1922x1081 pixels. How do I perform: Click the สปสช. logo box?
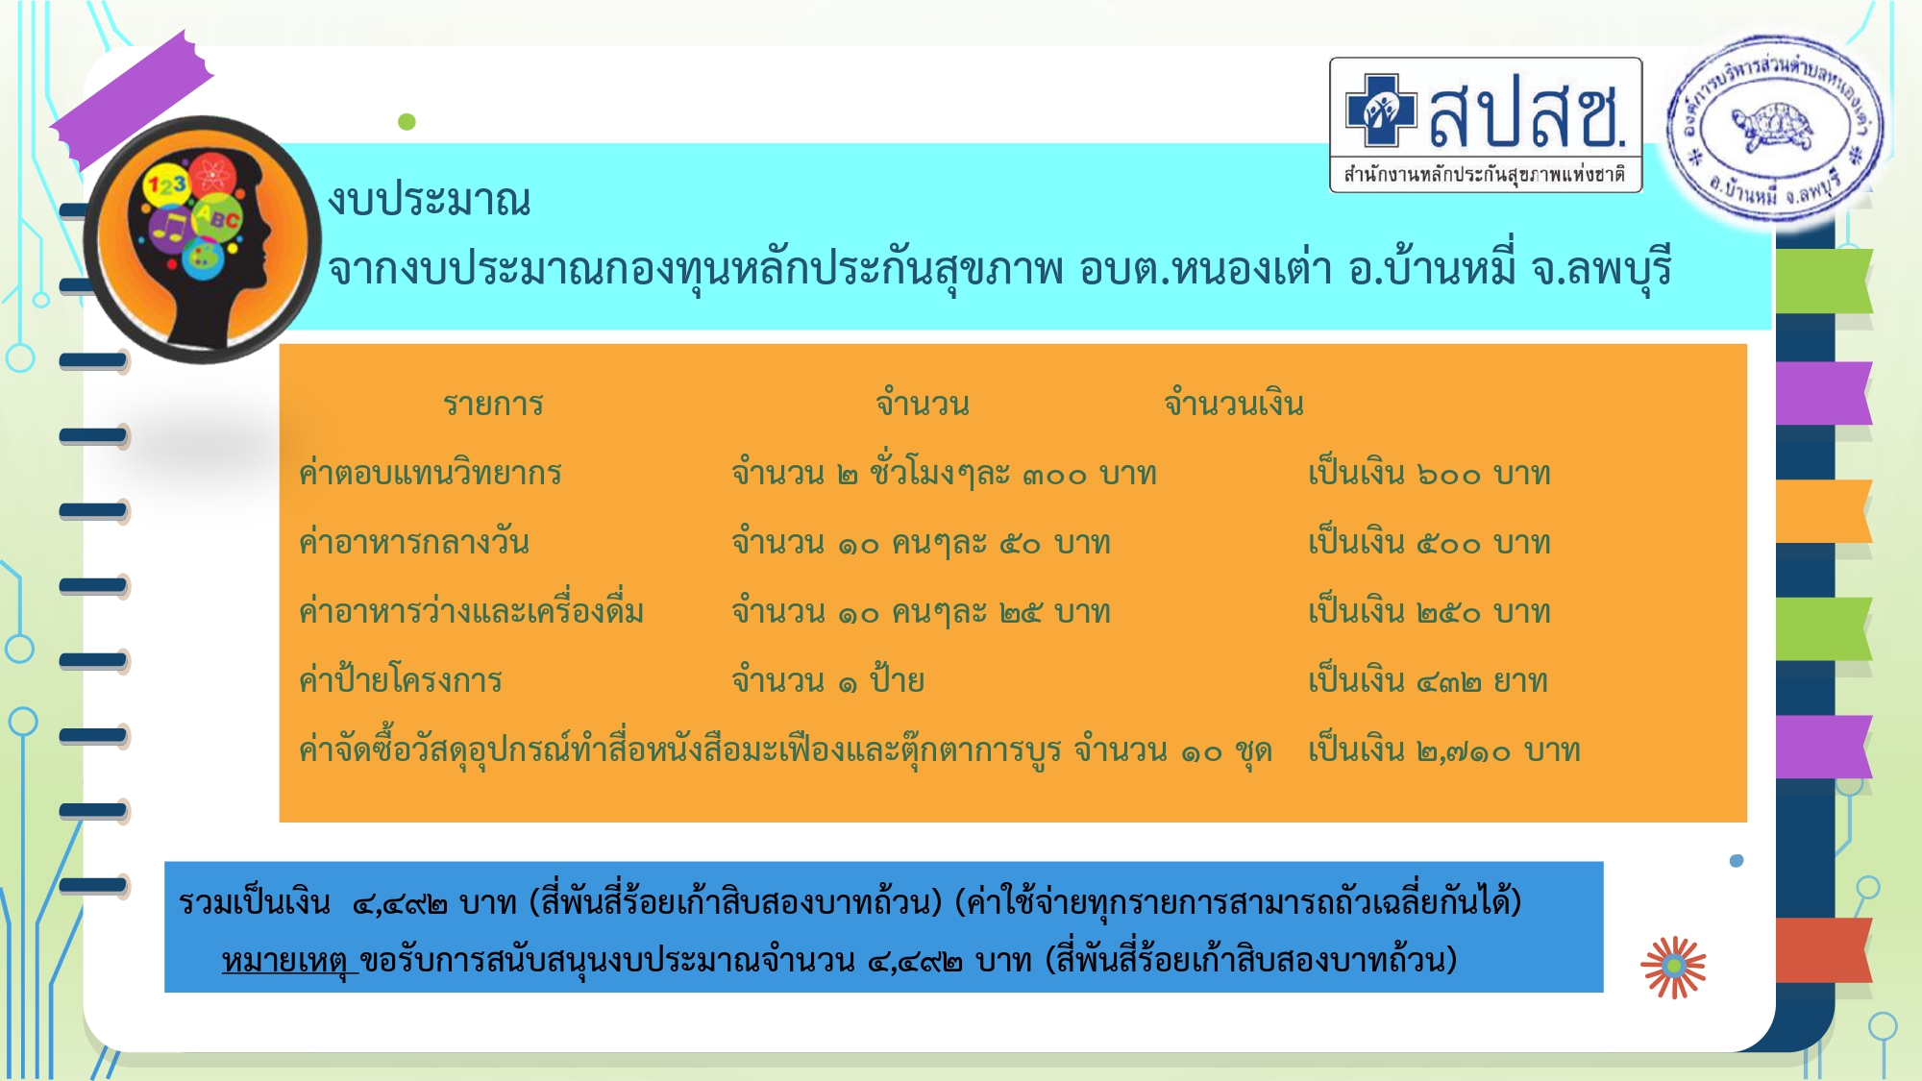pos(1486,125)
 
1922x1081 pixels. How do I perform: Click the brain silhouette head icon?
pos(203,240)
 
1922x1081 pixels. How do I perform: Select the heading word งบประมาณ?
pos(430,200)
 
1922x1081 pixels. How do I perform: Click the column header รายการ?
pos(493,404)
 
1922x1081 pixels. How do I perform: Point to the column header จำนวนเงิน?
pos(1234,403)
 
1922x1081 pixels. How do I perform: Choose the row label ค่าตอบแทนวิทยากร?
pos(431,472)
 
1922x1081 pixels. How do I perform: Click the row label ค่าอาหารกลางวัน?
pos(414,542)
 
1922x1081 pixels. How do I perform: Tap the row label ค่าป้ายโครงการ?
pos(401,679)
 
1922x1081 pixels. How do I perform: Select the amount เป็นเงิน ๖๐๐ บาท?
pos(1430,472)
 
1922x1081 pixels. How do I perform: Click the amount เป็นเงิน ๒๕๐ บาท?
pos(1430,610)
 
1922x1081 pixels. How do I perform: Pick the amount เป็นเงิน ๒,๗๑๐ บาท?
pos(1444,749)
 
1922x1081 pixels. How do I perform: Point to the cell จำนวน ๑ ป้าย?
pos(828,679)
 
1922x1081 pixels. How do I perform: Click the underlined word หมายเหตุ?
pos(289,959)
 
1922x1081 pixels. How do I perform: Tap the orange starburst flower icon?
pos(1674,967)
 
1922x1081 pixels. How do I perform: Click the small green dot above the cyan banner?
pos(407,122)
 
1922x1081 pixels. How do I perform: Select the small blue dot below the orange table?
pos(1737,861)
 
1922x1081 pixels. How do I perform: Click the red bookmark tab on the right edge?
pos(1824,949)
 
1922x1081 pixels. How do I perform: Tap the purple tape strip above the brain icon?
pos(132,100)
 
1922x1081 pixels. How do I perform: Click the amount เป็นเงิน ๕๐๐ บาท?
pos(1430,541)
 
